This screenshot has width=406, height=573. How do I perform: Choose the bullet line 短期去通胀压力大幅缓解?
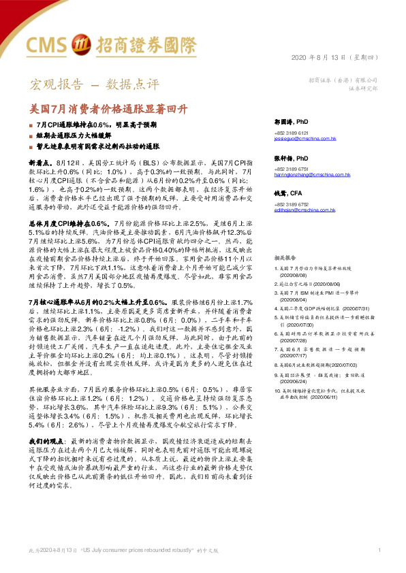click(x=81, y=135)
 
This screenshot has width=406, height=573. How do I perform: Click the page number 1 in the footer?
click(x=379, y=549)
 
